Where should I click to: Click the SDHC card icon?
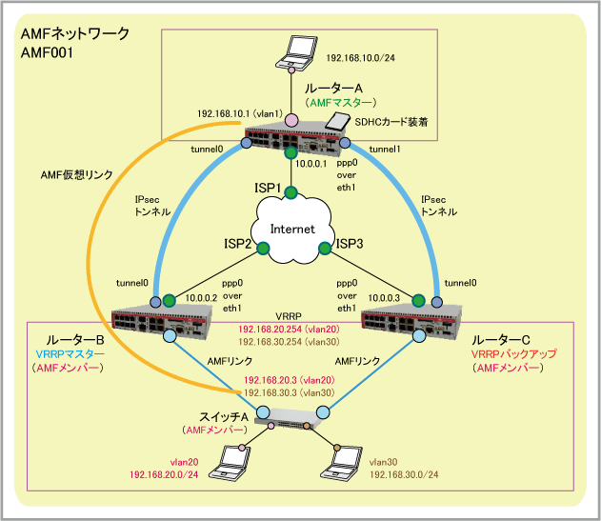tap(335, 121)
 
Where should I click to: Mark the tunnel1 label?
tap(386, 150)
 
